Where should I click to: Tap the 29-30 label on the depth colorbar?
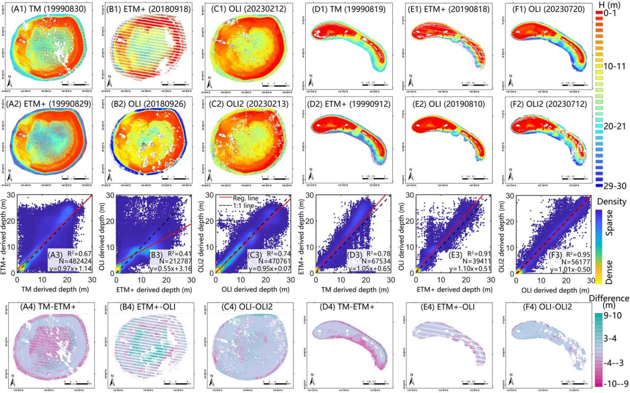click(614, 186)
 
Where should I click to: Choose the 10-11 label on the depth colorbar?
click(614, 66)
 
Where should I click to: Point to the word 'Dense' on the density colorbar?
click(610, 272)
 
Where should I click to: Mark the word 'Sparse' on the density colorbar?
click(610, 223)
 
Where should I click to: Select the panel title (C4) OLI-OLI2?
click(247, 307)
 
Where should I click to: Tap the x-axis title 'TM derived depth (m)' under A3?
click(53, 289)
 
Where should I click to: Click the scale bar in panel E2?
click(475, 178)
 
